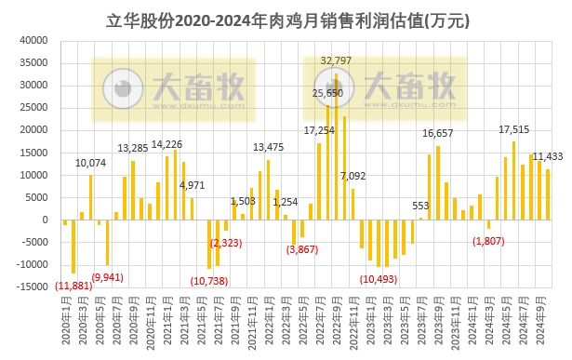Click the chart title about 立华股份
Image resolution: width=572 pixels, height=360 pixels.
click(285, 18)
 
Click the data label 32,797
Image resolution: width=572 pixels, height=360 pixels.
click(337, 60)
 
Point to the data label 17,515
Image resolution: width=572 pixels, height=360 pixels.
click(513, 129)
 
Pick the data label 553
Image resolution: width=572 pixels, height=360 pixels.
click(420, 206)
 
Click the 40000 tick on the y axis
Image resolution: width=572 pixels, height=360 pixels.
click(33, 40)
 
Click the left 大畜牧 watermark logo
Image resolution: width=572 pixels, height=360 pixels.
click(173, 89)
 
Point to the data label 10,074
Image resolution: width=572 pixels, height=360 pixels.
click(90, 164)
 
